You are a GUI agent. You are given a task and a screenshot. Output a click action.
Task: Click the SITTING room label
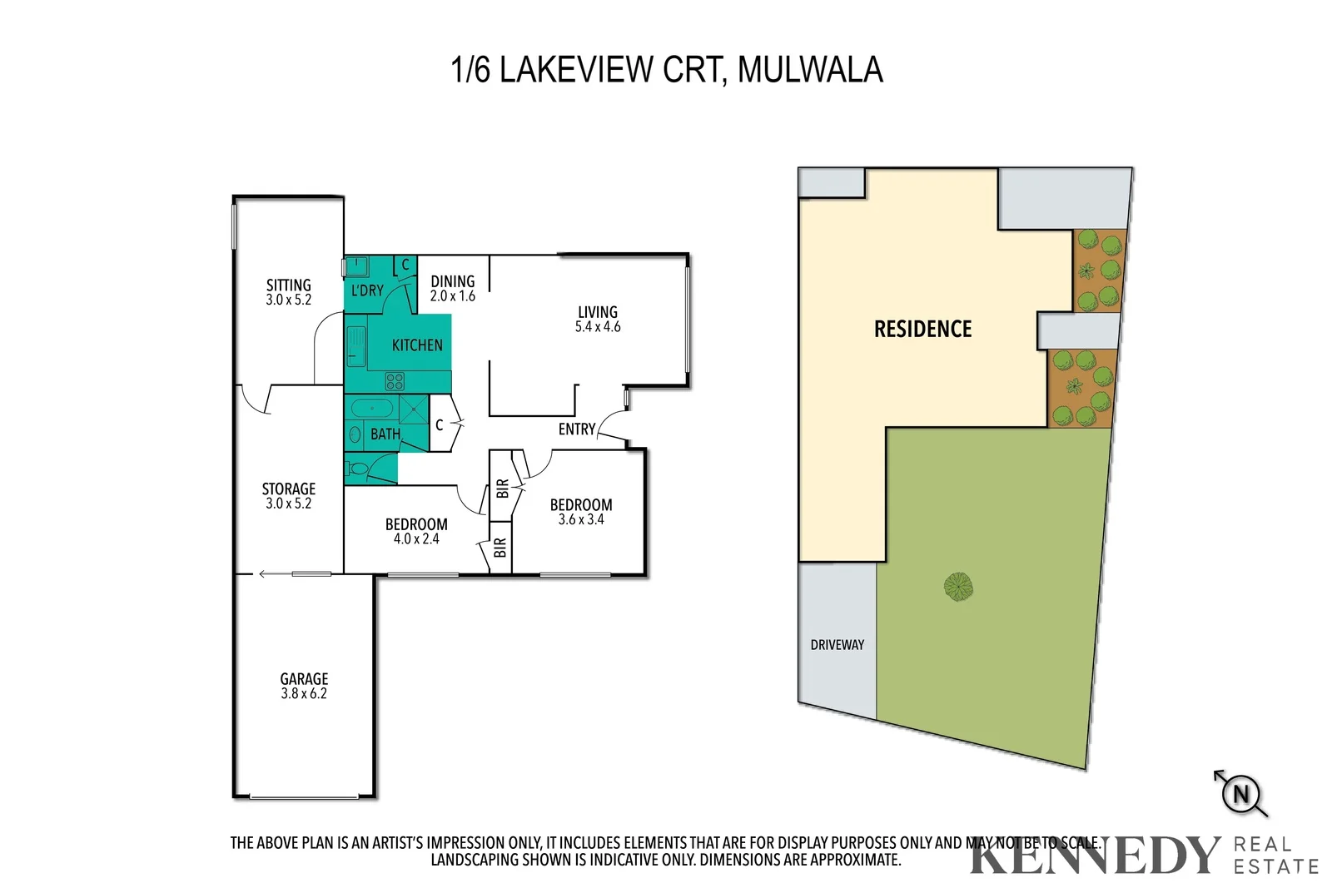click(288, 285)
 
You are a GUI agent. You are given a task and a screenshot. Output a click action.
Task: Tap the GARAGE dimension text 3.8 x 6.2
click(304, 693)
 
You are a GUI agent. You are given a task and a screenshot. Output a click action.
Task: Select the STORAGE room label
click(288, 489)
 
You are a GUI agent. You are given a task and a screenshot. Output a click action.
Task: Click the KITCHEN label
click(417, 345)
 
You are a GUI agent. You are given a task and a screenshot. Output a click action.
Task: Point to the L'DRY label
click(367, 290)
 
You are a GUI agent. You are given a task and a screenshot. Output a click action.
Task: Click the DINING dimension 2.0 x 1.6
click(452, 296)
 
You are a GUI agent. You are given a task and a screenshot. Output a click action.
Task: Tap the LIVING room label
click(598, 312)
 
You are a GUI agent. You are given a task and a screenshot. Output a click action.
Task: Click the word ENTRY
click(577, 429)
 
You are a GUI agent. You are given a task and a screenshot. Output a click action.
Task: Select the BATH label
click(385, 434)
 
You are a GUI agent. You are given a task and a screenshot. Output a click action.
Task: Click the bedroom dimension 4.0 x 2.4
click(416, 538)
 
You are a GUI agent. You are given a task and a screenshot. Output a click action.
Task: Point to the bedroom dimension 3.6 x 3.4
click(581, 519)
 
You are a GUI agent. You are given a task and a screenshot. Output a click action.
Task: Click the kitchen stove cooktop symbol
click(395, 381)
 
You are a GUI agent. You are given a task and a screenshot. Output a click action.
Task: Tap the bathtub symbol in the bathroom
click(372, 409)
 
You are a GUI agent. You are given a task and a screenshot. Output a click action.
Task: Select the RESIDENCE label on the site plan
click(922, 329)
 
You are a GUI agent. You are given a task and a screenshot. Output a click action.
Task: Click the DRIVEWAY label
click(837, 644)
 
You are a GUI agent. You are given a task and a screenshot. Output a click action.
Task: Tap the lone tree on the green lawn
click(959, 587)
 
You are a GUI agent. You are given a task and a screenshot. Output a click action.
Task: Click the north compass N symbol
click(1240, 793)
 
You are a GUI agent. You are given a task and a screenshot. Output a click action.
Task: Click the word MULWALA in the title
click(809, 69)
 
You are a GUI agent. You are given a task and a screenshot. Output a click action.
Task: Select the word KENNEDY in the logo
click(1093, 856)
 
